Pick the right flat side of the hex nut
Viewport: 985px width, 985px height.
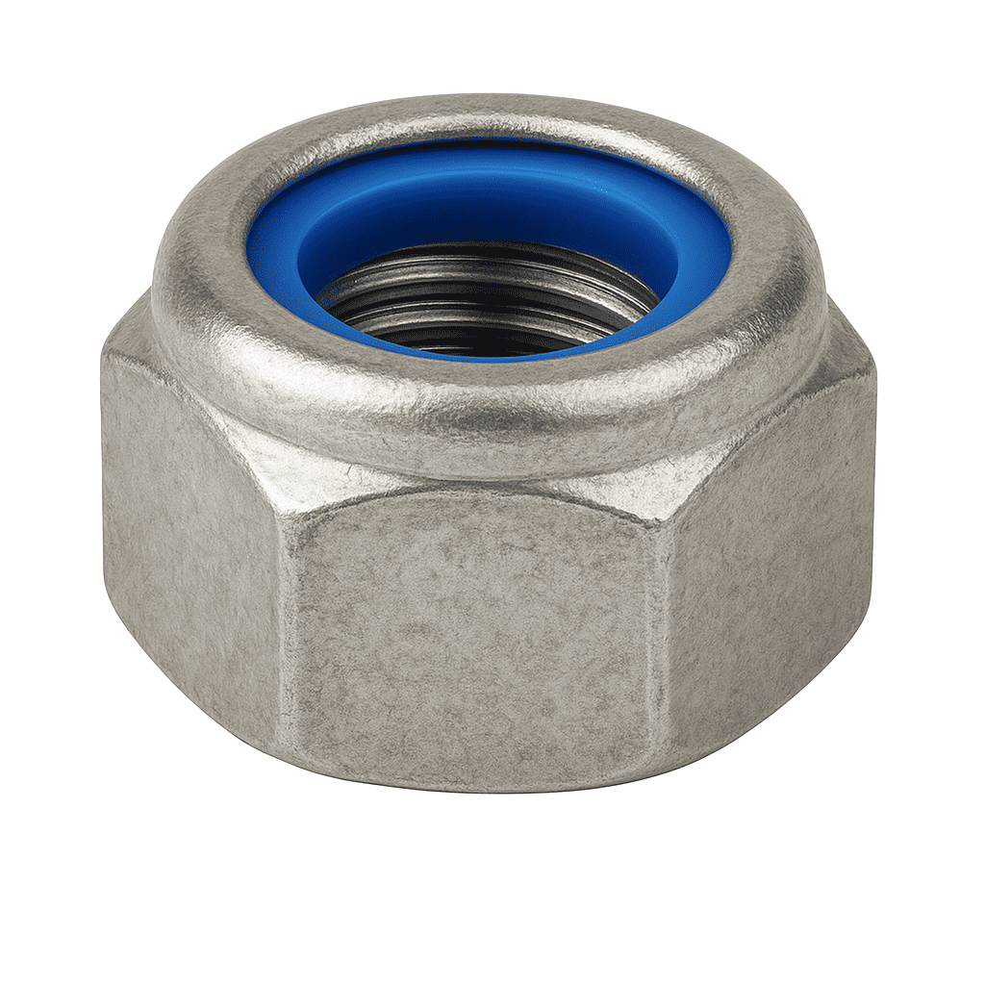click(x=770, y=568)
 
